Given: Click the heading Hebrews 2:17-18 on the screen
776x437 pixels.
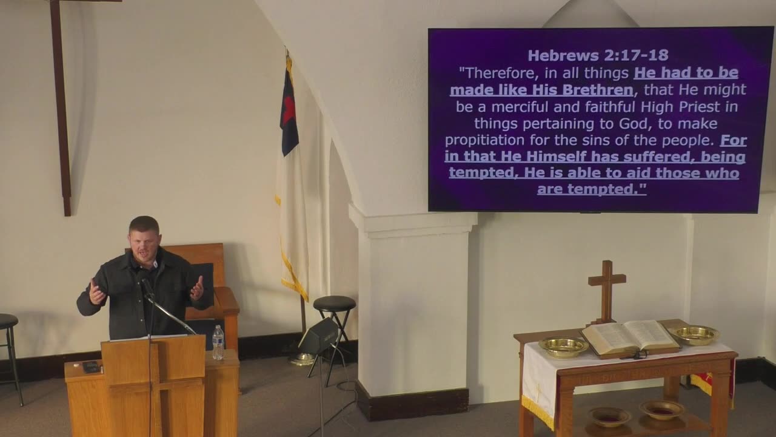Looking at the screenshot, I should (598, 56).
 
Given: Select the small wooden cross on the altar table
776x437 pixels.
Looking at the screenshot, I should (606, 290).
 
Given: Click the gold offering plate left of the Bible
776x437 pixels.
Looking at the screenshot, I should (563, 346).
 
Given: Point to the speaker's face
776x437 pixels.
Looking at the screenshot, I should (144, 241).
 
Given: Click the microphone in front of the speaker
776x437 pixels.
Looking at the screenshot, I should (147, 287).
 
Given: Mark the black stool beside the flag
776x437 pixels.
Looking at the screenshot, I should (334, 303).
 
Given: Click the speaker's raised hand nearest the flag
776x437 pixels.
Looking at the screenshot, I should (197, 288).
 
